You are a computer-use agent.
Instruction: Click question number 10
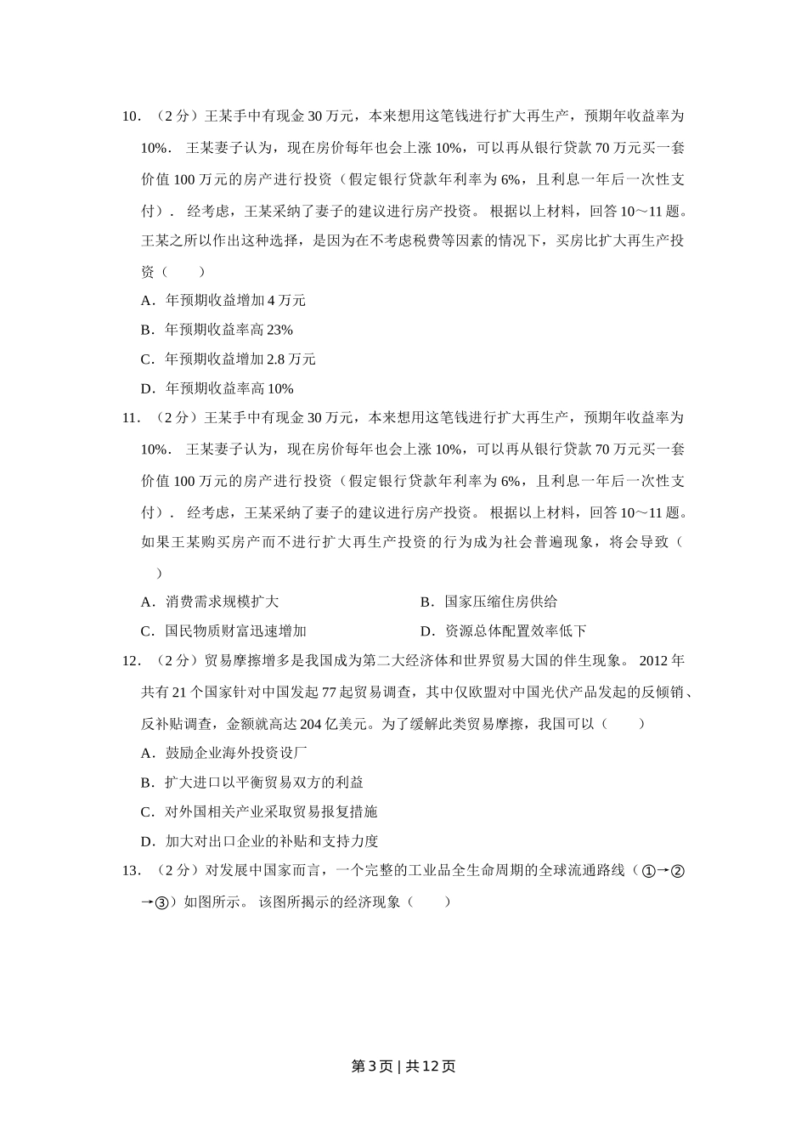[131, 116]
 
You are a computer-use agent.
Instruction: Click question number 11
[131, 417]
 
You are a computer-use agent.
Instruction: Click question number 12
[131, 660]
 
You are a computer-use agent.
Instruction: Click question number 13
[131, 870]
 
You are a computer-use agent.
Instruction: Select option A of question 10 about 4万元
[223, 300]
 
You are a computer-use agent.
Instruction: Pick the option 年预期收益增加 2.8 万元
[228, 359]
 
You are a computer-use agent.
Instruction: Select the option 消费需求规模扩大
[210, 602]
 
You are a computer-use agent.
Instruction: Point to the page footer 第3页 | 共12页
[403, 1066]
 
